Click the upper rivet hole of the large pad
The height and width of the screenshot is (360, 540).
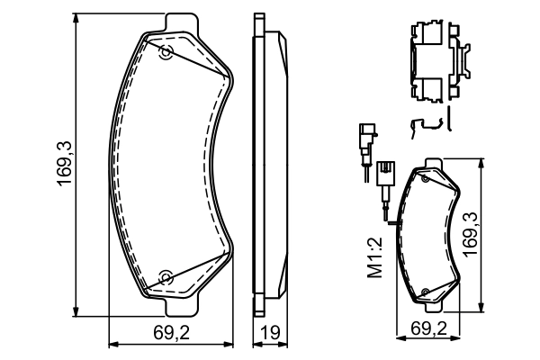click(x=165, y=53)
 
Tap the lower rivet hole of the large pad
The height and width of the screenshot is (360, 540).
click(x=165, y=275)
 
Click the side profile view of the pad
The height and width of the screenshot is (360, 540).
click(x=268, y=162)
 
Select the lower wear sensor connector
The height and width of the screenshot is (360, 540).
click(x=386, y=173)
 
